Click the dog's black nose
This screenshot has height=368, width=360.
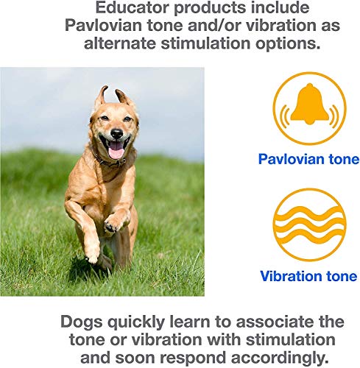(116, 133)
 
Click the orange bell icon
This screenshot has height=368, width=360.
(309, 108)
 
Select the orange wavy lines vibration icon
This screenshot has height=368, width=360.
(309, 224)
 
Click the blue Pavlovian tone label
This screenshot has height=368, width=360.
(308, 159)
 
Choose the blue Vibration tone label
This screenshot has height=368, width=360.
(308, 276)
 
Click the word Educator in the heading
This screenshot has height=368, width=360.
(132, 7)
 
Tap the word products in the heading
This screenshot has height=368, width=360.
(210, 9)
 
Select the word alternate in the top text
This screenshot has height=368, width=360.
(120, 43)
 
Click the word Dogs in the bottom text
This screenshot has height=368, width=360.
(82, 322)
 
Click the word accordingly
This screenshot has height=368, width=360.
(280, 358)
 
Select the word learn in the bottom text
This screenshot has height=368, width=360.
(190, 322)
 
